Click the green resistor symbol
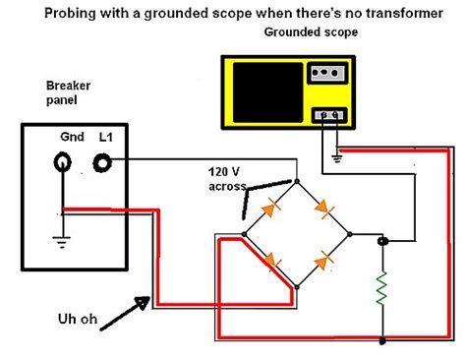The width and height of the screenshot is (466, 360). [x=383, y=291]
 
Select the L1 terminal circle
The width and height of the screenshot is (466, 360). [x=102, y=162]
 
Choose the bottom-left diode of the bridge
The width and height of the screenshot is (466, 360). [x=269, y=262]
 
